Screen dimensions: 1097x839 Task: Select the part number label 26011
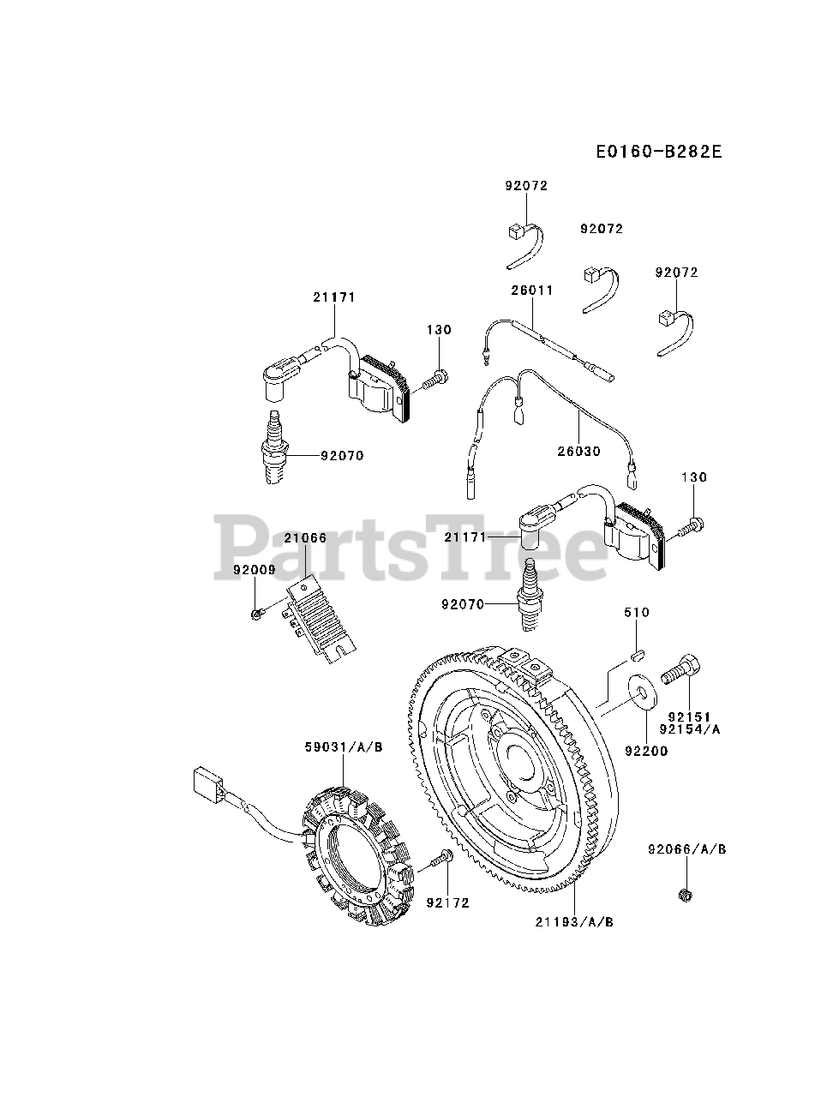pyautogui.click(x=532, y=291)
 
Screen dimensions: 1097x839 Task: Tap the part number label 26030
pyautogui.click(x=579, y=451)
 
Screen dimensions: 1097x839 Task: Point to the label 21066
pyautogui.click(x=306, y=538)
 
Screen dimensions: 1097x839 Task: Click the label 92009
pyautogui.click(x=254, y=568)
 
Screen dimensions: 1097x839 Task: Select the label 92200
pyautogui.click(x=646, y=752)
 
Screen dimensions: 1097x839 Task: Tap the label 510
pyautogui.click(x=637, y=613)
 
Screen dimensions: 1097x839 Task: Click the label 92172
pyautogui.click(x=447, y=902)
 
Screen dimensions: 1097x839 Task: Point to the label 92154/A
pyautogui.click(x=690, y=729)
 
